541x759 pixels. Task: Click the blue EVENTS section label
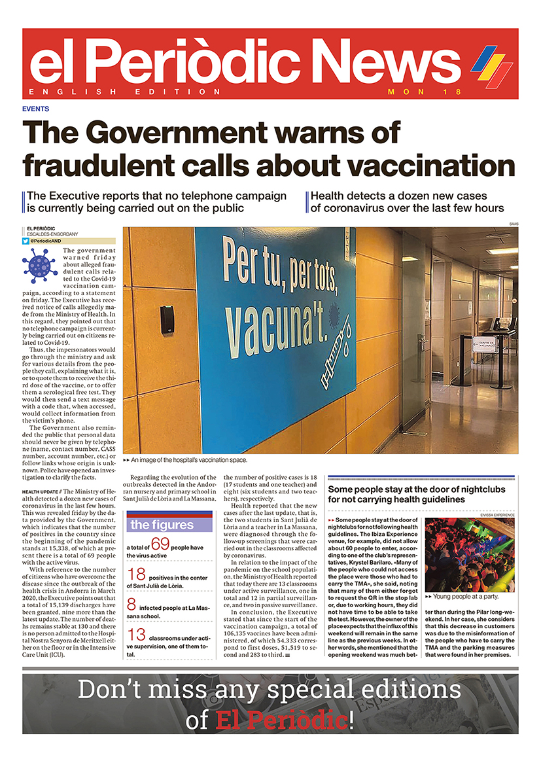click(x=35, y=109)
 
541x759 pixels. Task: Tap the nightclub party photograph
click(x=470, y=556)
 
